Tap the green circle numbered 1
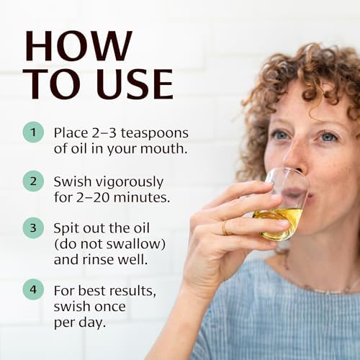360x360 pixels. pos(32,132)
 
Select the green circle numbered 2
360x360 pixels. pos(32,181)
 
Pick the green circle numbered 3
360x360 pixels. pos(32,229)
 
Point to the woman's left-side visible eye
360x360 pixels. pos(281,135)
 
